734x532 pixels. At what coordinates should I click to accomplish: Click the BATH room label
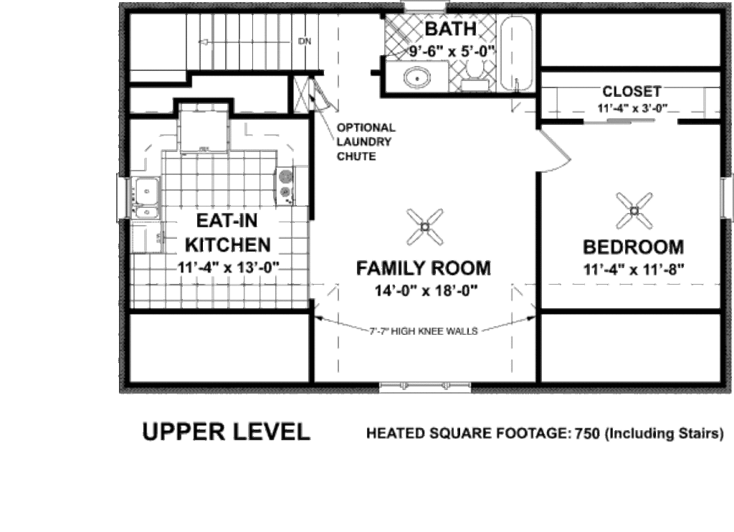pyautogui.click(x=450, y=29)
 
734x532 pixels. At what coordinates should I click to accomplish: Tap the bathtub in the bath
pyautogui.click(x=516, y=54)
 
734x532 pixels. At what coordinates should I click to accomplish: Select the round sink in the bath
pyautogui.click(x=415, y=77)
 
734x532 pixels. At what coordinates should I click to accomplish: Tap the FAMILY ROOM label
pyautogui.click(x=423, y=268)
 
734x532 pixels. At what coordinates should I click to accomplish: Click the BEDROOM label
pyautogui.click(x=633, y=247)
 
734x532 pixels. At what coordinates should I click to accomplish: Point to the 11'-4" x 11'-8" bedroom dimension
pyautogui.click(x=633, y=270)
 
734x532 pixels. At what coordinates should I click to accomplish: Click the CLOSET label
pyautogui.click(x=631, y=91)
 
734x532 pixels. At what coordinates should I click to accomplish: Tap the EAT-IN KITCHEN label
pyautogui.click(x=228, y=233)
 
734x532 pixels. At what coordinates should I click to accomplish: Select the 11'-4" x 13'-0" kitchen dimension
pyautogui.click(x=228, y=267)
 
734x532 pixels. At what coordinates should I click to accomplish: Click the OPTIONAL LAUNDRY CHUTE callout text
pyautogui.click(x=366, y=141)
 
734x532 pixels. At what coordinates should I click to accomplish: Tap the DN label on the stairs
pyautogui.click(x=305, y=41)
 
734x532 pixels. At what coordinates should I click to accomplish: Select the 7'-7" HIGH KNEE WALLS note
pyautogui.click(x=424, y=331)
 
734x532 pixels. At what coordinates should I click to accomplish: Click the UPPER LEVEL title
pyautogui.click(x=226, y=432)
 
